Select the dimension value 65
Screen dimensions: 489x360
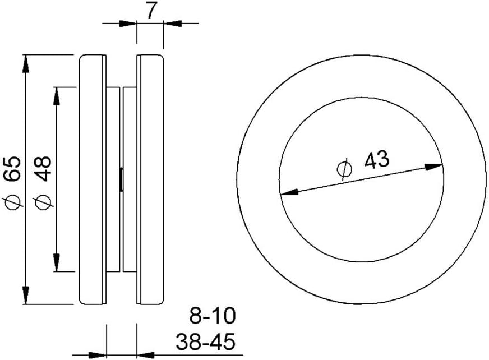12,169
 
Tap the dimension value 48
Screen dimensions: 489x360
43,169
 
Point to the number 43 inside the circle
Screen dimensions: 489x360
377,160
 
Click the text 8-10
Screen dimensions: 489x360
213,316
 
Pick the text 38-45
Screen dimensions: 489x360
205,341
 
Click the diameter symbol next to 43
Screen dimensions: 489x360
345,169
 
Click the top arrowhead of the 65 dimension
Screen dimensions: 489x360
26,63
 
